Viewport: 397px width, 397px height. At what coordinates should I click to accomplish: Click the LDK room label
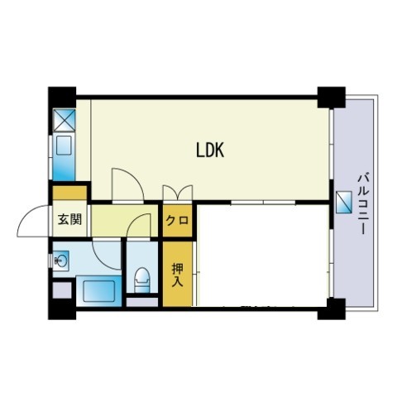point(210,151)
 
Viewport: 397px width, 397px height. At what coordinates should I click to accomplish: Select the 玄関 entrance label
point(70,220)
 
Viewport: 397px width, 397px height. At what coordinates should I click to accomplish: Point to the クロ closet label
point(177,220)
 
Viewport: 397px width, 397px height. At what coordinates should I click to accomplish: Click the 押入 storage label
point(177,275)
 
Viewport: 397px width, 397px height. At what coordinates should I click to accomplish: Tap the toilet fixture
point(142,280)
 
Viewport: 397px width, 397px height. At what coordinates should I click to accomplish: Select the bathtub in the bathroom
point(98,290)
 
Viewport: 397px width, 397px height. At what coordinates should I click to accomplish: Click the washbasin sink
point(60,260)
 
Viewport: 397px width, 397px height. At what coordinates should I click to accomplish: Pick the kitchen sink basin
point(64,146)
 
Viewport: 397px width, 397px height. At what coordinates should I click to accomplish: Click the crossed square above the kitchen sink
point(64,119)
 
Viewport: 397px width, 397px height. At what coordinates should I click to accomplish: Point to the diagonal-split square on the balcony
point(344,202)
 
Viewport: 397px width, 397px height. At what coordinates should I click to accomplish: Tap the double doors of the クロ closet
point(178,193)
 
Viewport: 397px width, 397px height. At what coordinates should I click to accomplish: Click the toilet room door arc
point(135,219)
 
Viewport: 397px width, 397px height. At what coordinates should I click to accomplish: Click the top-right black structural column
point(332,98)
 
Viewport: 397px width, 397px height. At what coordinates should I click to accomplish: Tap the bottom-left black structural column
point(62,309)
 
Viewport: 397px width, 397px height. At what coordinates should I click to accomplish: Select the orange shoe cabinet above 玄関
point(69,193)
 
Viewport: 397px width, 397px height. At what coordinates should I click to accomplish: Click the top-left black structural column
point(62,98)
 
